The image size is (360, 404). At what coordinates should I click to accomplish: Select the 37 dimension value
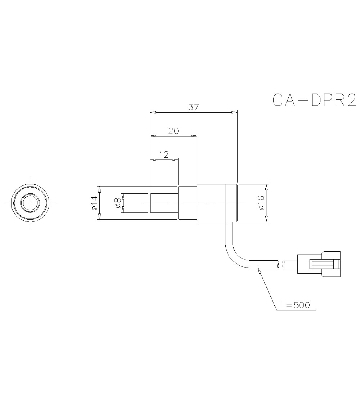point(193,107)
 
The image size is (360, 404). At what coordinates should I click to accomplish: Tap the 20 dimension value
point(174,131)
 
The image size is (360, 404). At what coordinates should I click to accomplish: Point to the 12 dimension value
point(164,154)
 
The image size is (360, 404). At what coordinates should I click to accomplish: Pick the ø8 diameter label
point(117,203)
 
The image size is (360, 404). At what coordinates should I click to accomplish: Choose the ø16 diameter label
point(261,203)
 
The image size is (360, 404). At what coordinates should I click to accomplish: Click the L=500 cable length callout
point(295,305)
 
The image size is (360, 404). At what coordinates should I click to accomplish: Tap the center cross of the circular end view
point(30,203)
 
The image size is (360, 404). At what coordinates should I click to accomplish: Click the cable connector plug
point(319,264)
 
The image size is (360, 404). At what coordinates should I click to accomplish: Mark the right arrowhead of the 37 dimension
point(235,113)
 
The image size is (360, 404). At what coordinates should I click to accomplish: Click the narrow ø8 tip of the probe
point(164,203)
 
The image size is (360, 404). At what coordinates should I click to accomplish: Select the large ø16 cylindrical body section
point(217,203)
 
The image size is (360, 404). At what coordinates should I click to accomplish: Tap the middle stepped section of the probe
point(188,203)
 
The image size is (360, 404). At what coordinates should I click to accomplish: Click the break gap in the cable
point(281,264)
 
